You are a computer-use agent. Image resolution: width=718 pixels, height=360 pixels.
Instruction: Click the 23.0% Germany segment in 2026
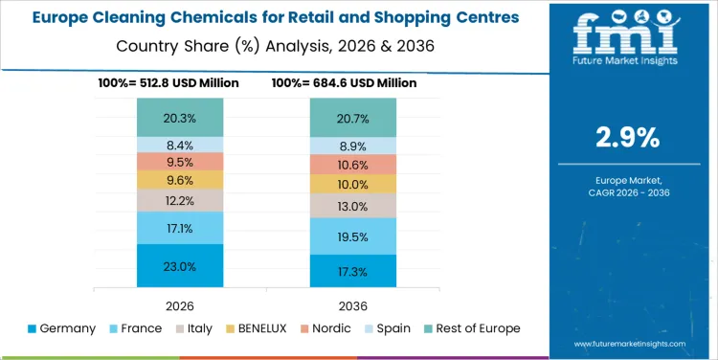pyautogui.click(x=180, y=266)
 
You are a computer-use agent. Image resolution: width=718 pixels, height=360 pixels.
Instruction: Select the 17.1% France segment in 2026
pyautogui.click(x=180, y=228)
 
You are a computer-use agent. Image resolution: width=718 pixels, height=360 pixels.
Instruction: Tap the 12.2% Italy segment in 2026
pyautogui.click(x=180, y=200)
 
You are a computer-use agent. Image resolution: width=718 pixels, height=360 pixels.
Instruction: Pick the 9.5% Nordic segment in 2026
pyautogui.click(x=180, y=162)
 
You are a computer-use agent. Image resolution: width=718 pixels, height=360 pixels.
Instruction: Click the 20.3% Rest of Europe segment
pyautogui.click(x=180, y=119)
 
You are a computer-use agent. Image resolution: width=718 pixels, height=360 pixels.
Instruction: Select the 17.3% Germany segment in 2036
pyautogui.click(x=352, y=272)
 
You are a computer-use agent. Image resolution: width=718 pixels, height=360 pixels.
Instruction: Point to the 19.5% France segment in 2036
pyautogui.click(x=352, y=236)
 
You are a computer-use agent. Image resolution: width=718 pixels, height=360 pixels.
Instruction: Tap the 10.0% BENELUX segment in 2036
pyautogui.click(x=352, y=184)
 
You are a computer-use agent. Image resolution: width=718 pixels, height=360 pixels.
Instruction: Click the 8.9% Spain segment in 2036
pyautogui.click(x=352, y=146)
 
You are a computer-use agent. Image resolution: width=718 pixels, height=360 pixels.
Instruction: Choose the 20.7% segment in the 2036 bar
pyautogui.click(x=352, y=119)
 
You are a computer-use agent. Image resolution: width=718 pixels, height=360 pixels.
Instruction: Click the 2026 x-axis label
pyautogui.click(x=180, y=304)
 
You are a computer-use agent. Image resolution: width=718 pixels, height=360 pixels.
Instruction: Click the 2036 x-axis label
pyautogui.click(x=352, y=304)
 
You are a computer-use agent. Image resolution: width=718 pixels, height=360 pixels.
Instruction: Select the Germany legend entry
pyautogui.click(x=63, y=328)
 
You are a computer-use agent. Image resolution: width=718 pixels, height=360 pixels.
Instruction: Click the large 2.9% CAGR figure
pyautogui.click(x=627, y=137)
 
